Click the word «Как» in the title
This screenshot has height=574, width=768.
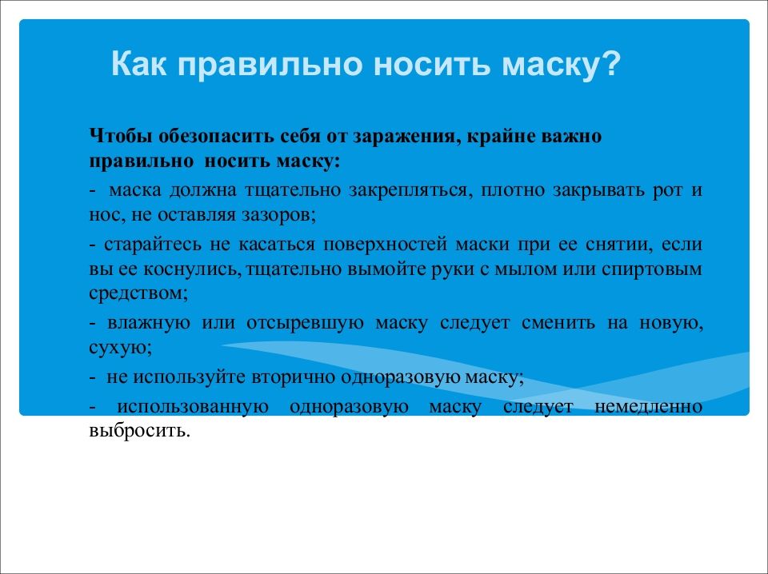point(138,64)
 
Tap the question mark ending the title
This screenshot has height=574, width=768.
point(610,64)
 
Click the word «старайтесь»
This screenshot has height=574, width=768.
point(152,245)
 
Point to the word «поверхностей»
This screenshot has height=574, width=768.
point(385,245)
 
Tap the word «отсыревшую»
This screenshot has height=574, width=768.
point(305,324)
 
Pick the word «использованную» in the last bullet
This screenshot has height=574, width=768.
point(193,407)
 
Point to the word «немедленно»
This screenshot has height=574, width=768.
point(649,407)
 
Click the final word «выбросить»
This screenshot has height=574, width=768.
point(139,431)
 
